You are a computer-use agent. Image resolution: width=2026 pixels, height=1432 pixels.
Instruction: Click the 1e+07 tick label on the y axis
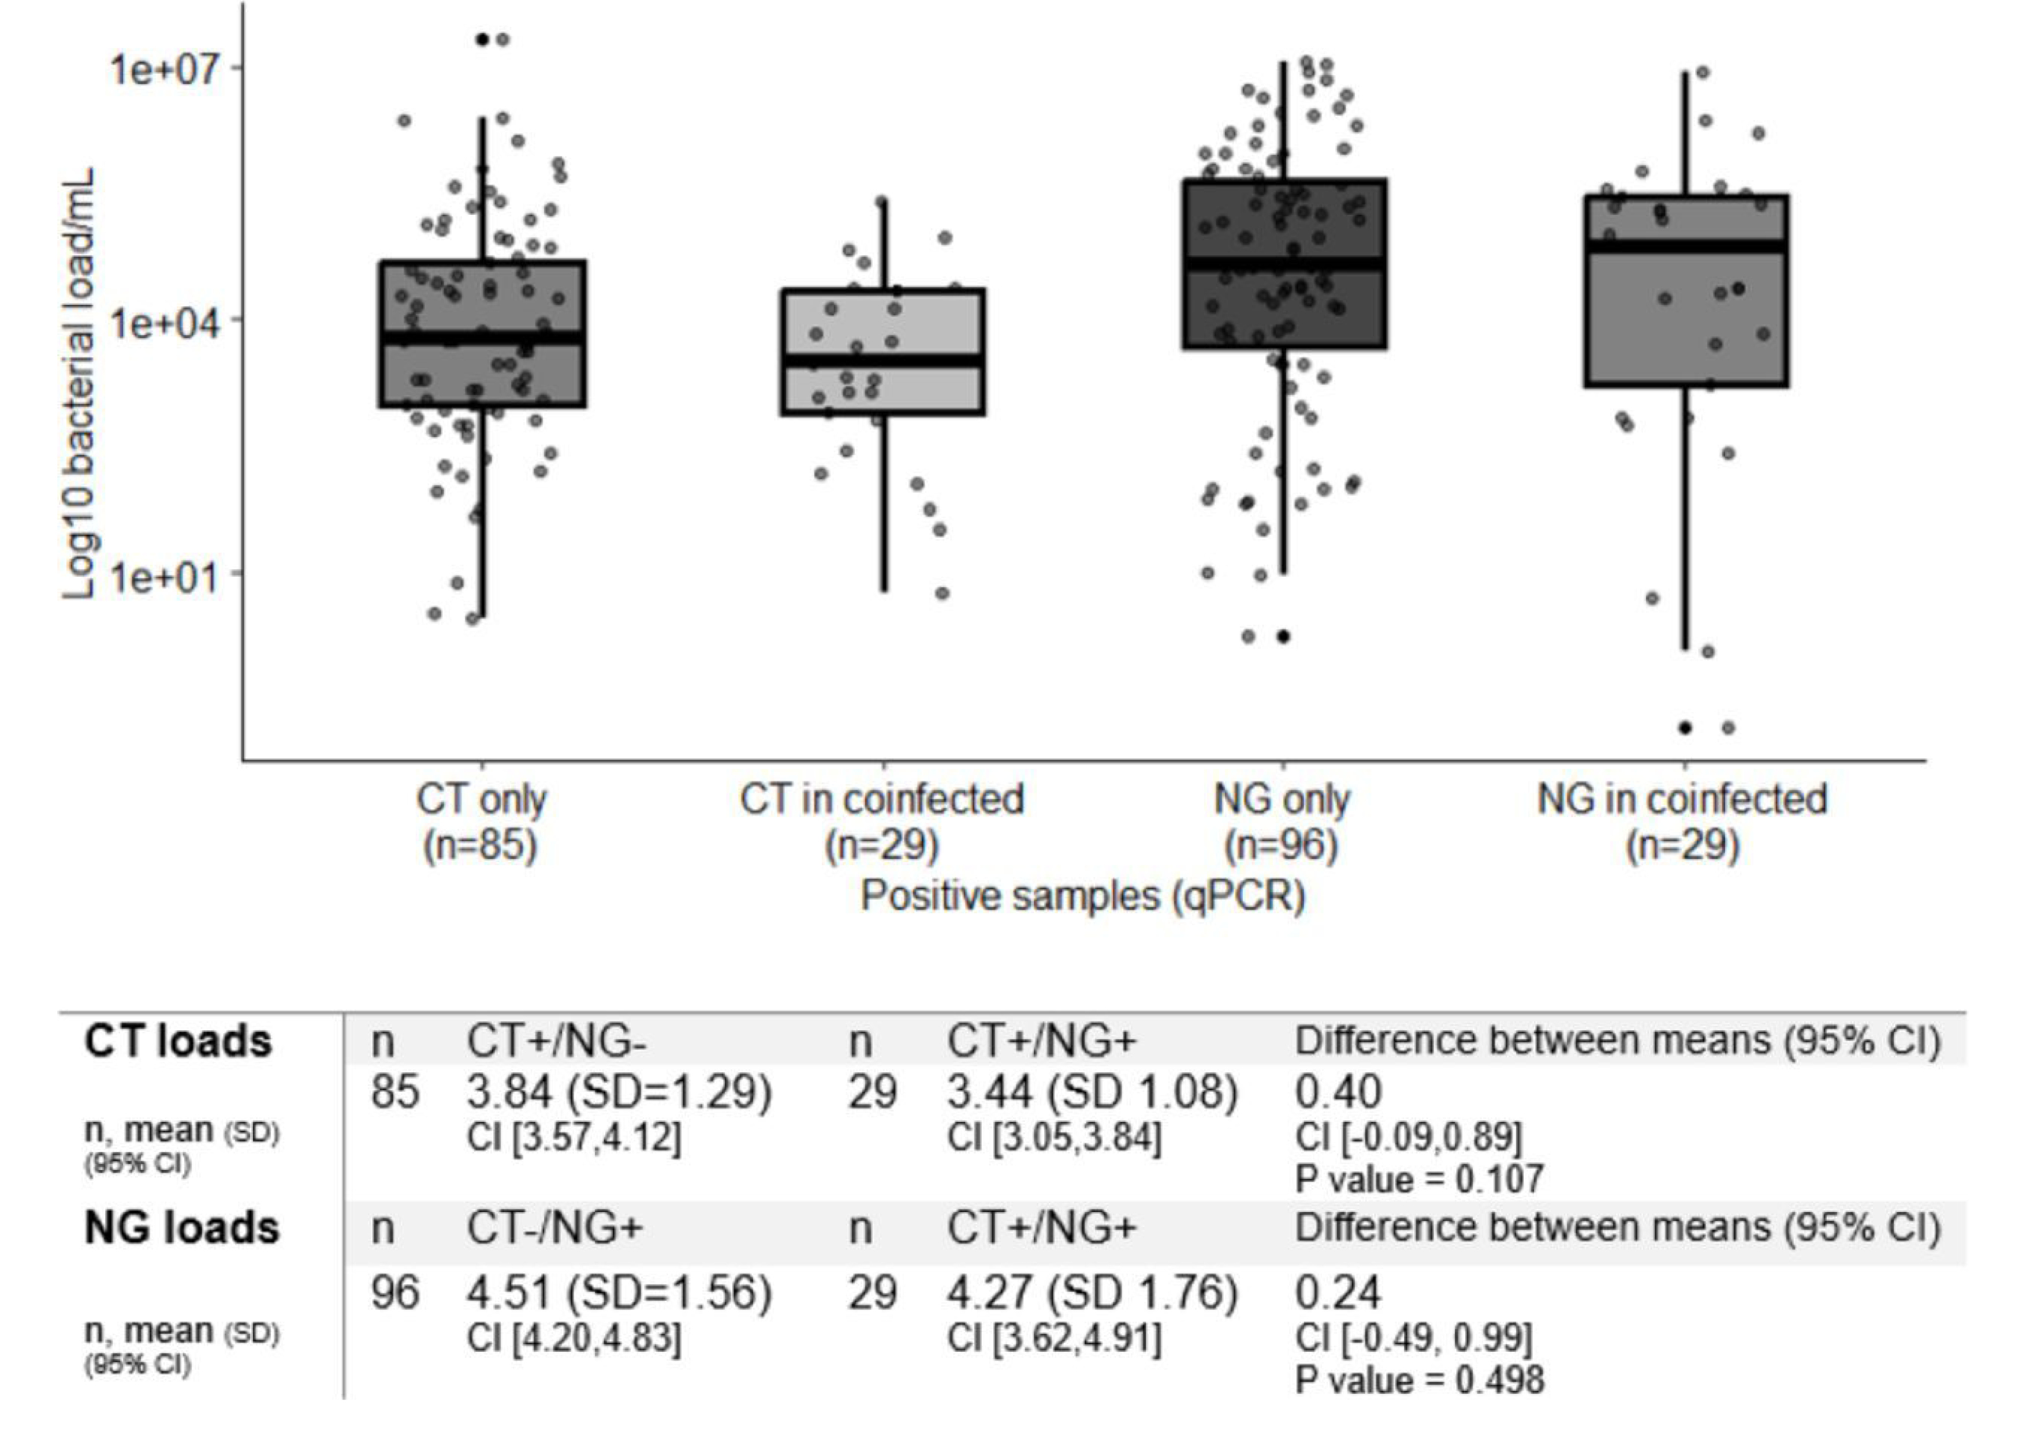pyautogui.click(x=164, y=68)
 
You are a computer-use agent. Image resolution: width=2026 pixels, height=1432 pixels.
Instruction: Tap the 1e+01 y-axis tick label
pyautogui.click(x=164, y=575)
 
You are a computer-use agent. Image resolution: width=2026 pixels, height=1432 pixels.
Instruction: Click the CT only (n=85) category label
pyautogui.click(x=482, y=822)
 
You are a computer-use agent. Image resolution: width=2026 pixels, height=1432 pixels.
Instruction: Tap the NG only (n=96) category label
pyautogui.click(x=1282, y=822)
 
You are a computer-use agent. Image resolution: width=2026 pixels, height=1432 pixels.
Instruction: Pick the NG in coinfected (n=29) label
pyautogui.click(x=1683, y=822)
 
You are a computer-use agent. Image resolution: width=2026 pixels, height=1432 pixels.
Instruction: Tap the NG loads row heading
pyautogui.click(x=182, y=1228)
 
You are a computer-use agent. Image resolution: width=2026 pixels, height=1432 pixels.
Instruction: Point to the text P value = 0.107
pyautogui.click(x=1419, y=1179)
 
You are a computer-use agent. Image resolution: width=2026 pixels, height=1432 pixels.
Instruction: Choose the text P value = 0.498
pyautogui.click(x=1419, y=1381)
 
